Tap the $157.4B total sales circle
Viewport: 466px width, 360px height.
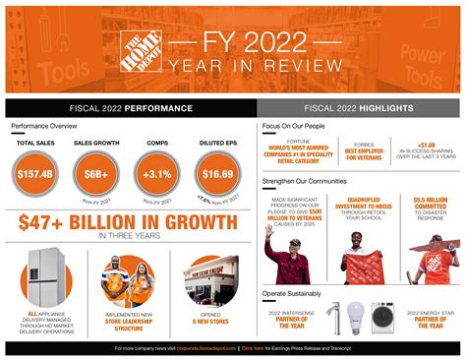point(33,174)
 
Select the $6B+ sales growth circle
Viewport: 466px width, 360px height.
point(95,174)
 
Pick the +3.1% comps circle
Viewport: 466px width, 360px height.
point(156,174)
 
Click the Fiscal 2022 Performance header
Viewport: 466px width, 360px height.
point(131,107)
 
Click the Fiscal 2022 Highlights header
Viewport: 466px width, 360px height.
point(359,107)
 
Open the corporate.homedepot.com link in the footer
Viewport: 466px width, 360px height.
point(210,347)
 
